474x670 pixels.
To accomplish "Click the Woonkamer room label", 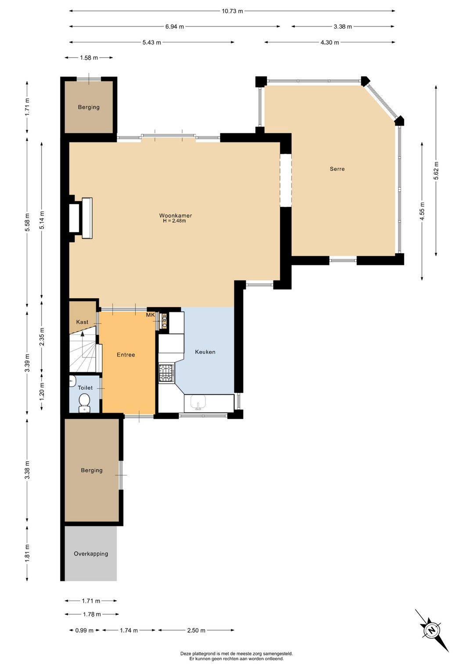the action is [x=175, y=215].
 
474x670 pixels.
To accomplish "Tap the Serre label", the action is [x=337, y=169].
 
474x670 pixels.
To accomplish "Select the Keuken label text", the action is [x=205, y=352].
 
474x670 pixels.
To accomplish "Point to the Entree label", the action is [x=126, y=355].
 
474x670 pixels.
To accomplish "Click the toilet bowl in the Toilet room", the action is [x=84, y=402].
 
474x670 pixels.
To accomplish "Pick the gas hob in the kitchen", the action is [x=166, y=373].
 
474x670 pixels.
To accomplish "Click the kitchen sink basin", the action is [x=197, y=402].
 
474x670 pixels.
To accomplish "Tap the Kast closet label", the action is [x=82, y=322].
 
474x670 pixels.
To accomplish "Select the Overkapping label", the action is [x=91, y=554].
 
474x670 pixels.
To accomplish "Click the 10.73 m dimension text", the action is [x=232, y=11].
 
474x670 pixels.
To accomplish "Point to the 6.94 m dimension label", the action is [x=175, y=27].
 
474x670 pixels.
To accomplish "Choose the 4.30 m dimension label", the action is [x=330, y=43].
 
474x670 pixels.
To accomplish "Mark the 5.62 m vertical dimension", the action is [x=436, y=170].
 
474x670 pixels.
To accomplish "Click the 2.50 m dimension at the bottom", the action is [x=196, y=630].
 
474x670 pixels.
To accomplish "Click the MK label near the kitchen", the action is [x=151, y=315].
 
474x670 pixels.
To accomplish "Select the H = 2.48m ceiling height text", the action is [x=174, y=221].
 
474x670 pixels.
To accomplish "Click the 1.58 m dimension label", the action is [x=89, y=58].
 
